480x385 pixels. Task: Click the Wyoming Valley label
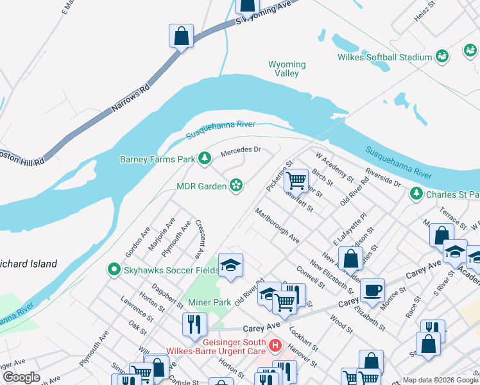click(287, 69)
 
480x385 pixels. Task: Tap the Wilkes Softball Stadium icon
click(441, 57)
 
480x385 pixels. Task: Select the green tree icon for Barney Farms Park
click(205, 158)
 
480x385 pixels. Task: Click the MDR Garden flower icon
click(236, 185)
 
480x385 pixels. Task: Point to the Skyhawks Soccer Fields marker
click(114, 269)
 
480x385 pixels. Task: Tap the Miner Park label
click(209, 302)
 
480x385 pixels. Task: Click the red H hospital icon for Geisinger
click(276, 346)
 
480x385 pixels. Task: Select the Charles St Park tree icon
click(416, 193)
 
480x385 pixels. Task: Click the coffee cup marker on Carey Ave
click(372, 290)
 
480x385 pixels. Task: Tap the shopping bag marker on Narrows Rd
click(182, 36)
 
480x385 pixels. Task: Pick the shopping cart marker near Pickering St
click(296, 180)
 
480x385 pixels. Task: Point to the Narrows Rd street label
click(130, 96)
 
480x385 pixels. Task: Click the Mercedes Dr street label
click(240, 152)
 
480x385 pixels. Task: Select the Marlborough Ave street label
click(277, 225)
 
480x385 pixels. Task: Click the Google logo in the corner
click(21, 377)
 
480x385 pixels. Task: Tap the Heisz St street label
click(425, 12)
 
